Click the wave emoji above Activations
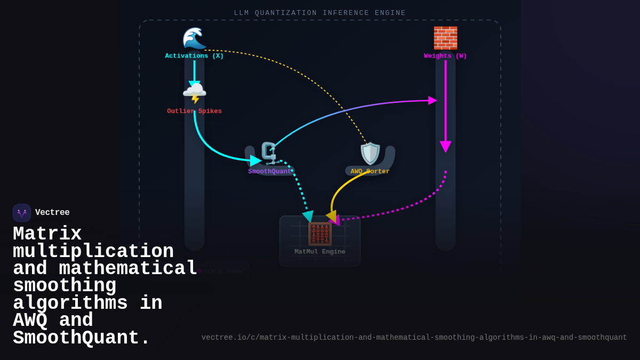[194, 38]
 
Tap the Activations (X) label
[194, 56]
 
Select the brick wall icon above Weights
[445, 38]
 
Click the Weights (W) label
[445, 56]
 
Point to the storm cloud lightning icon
[194, 93]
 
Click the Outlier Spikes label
[194, 111]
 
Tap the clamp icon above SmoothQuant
[270, 154]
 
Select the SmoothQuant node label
[270, 172]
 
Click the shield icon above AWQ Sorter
[370, 154]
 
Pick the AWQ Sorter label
[370, 172]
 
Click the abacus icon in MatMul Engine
[320, 234]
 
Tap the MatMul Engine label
[320, 252]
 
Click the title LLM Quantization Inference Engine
[320, 13]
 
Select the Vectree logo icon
[22, 213]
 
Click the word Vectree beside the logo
[52, 213]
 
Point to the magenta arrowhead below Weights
[445, 147]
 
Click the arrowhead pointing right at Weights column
[433, 100]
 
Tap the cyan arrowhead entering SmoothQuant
[255, 161]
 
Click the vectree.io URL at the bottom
[414, 338]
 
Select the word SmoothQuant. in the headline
[82, 339]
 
